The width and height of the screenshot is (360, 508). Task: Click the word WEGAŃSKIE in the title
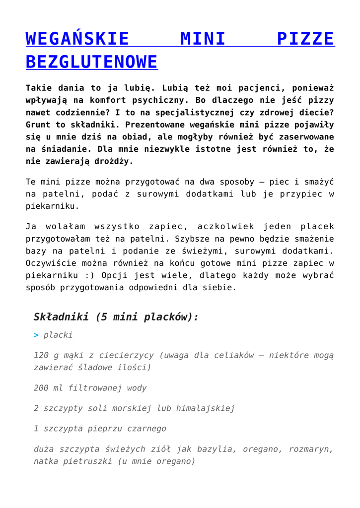click(x=77, y=39)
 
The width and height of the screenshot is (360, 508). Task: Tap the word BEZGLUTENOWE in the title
click(x=91, y=62)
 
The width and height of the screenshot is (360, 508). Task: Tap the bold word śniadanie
click(x=63, y=149)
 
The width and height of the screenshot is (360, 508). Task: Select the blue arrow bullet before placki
click(x=36, y=335)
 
